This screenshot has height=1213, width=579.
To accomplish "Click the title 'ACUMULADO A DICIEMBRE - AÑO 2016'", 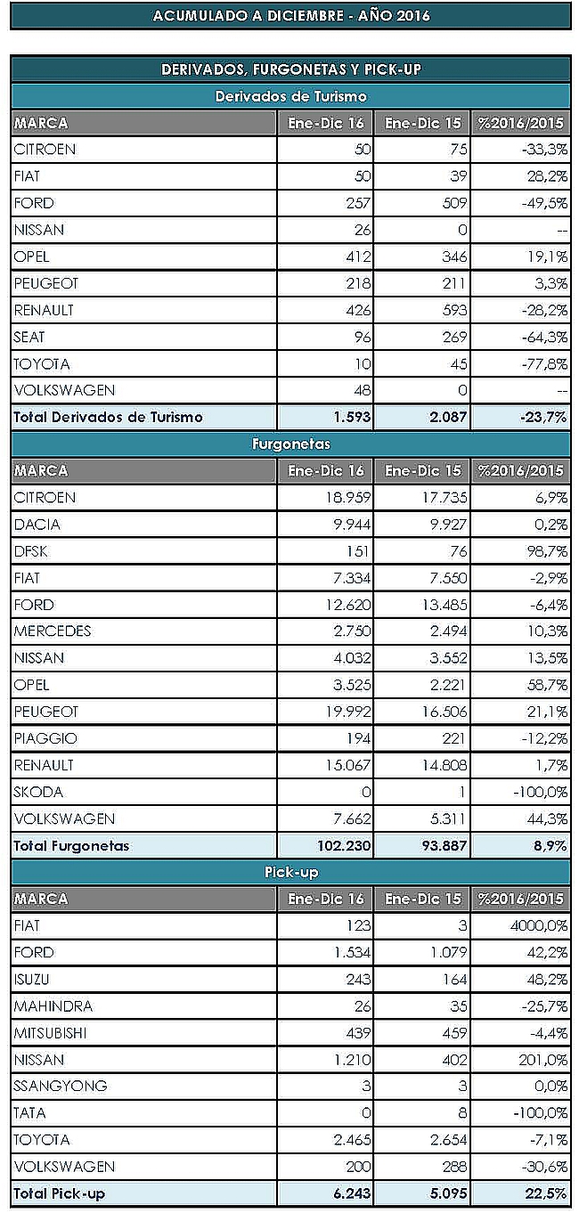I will [x=290, y=16].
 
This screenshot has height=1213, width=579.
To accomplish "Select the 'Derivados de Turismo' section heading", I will [x=290, y=96].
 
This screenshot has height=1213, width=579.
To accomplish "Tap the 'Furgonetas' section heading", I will [x=290, y=444].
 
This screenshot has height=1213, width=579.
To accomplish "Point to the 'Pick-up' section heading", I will [x=290, y=872].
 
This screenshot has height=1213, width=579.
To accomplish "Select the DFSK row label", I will [x=31, y=551].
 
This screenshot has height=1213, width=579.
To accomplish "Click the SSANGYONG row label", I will [x=61, y=1087].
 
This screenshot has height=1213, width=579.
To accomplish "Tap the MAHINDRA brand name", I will [x=53, y=1006].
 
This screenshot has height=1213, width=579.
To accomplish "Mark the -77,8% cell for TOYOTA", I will [x=544, y=363].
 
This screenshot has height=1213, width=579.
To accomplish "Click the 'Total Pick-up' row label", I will [x=60, y=1193].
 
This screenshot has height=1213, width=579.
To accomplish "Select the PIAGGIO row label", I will [x=45, y=738].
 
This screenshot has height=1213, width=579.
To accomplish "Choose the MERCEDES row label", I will [x=53, y=631].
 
